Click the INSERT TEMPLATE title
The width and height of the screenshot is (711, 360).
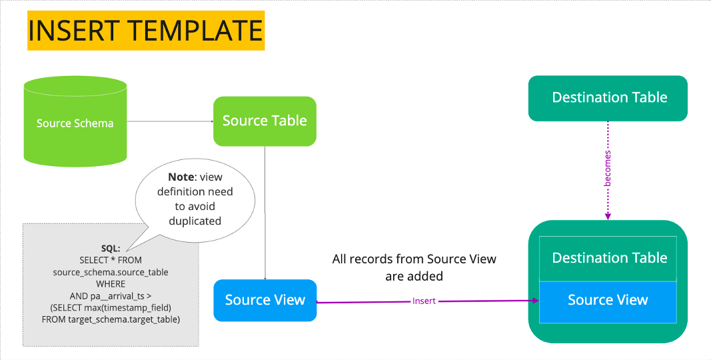(x=145, y=31)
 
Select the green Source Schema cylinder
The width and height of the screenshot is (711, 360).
(x=75, y=122)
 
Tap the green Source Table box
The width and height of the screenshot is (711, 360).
(x=265, y=121)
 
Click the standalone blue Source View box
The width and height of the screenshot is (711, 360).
(x=265, y=300)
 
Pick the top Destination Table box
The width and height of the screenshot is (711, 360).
(x=608, y=98)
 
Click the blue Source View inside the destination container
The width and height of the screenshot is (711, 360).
(x=608, y=300)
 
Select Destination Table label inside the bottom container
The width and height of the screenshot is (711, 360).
(x=609, y=258)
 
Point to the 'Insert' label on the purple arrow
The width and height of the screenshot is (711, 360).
(x=424, y=301)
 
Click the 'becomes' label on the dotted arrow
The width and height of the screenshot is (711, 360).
(x=608, y=168)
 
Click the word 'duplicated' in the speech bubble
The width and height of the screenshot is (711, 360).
(x=195, y=221)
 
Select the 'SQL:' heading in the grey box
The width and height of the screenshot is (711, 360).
(x=111, y=248)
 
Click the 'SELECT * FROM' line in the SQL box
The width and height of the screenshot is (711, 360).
(x=111, y=260)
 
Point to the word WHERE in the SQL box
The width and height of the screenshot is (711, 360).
(x=111, y=284)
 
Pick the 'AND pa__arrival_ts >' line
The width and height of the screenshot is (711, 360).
(x=111, y=295)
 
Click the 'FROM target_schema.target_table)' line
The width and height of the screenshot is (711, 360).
(x=111, y=319)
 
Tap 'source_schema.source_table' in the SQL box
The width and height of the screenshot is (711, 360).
(x=111, y=272)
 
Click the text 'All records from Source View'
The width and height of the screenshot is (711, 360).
(x=414, y=259)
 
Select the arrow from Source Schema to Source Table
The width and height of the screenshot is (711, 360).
(x=169, y=121)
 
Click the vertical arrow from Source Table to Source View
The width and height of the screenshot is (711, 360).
(x=265, y=213)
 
